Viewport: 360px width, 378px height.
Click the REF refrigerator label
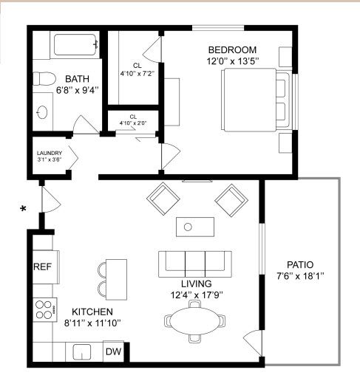pyautogui.click(x=43, y=267)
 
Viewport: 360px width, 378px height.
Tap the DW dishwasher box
pyautogui.click(x=113, y=351)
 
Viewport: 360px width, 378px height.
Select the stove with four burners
pyautogui.click(x=45, y=309)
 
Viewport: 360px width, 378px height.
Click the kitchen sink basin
pyautogui.click(x=82, y=352)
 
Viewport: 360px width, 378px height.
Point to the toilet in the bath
pyautogui.click(x=44, y=78)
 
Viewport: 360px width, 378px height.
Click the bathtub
pyautogui.click(x=75, y=44)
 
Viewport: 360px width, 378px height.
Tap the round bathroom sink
pyautogui.click(x=42, y=112)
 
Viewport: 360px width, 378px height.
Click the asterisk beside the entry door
pyautogui.click(x=23, y=209)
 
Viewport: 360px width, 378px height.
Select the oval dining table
pyautogui.click(x=194, y=320)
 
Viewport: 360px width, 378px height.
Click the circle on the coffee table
pyautogui.click(x=188, y=227)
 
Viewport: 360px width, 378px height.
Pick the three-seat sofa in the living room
pyautogui.click(x=195, y=264)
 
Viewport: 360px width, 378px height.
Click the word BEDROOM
pyautogui.click(x=232, y=50)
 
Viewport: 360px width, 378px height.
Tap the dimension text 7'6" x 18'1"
pyautogui.click(x=300, y=276)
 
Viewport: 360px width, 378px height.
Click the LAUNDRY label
pyautogui.click(x=50, y=153)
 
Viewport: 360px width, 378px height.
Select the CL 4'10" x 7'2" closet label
pyautogui.click(x=137, y=69)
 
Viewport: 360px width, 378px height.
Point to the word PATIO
pyautogui.click(x=300, y=265)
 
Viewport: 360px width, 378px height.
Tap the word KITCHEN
pyautogui.click(x=92, y=312)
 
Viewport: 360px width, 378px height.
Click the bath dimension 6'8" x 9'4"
pyautogui.click(x=78, y=90)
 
